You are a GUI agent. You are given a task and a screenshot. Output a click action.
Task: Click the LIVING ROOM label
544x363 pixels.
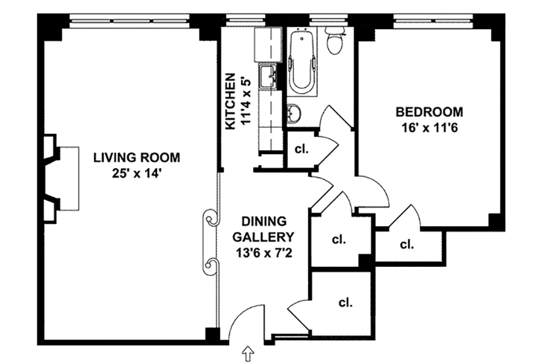click(137, 158)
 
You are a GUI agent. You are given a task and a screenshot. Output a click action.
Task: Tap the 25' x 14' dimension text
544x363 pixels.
click(137, 173)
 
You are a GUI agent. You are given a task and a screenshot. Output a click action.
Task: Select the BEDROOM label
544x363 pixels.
click(430, 112)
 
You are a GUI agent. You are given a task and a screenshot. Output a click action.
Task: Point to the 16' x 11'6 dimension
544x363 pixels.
click(430, 128)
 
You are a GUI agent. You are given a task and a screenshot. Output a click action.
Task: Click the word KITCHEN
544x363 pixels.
click(230, 101)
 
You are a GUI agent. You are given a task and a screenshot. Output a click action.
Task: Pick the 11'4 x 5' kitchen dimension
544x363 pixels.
click(245, 101)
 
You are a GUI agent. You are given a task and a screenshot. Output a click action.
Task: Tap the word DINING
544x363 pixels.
click(264, 221)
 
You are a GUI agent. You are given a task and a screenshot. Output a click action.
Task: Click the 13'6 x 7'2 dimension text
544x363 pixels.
click(264, 252)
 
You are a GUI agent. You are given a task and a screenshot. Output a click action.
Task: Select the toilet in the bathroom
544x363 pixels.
click(335, 41)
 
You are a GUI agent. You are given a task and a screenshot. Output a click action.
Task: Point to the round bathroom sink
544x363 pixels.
click(294, 114)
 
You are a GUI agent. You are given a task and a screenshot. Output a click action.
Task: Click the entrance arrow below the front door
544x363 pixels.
click(248, 354)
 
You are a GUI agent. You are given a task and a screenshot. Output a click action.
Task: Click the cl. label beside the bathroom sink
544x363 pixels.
click(302, 149)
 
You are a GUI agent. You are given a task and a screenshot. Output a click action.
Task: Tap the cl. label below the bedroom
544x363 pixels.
click(407, 244)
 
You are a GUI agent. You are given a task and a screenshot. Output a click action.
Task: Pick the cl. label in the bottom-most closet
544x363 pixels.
click(346, 302)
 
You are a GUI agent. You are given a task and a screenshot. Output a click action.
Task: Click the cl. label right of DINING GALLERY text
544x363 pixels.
click(339, 240)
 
